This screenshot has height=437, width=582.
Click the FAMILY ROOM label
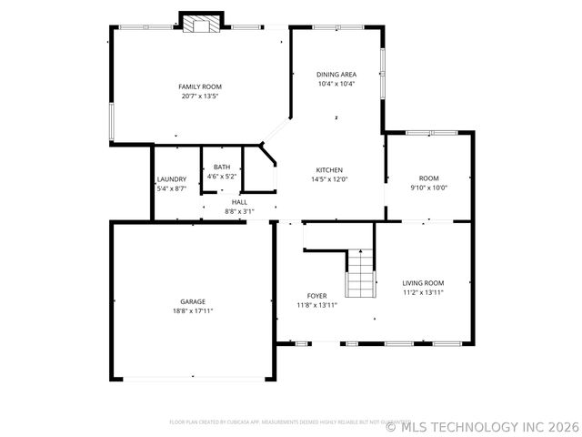point(200,86)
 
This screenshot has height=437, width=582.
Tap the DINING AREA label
point(336,74)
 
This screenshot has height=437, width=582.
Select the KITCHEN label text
point(329,170)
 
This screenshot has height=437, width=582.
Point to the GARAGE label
point(192,301)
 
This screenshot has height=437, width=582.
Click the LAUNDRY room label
point(171,179)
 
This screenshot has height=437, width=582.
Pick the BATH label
point(222,167)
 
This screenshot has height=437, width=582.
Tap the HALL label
point(239,202)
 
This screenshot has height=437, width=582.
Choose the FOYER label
point(316,296)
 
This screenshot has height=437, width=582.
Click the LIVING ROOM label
point(423,283)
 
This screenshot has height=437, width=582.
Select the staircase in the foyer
point(360,274)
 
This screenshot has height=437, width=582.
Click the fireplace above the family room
point(201,23)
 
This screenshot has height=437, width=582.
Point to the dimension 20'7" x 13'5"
point(200,96)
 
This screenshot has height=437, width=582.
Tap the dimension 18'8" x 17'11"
point(192,310)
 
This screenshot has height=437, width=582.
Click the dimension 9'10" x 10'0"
point(428,188)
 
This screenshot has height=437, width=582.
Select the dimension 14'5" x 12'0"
point(329,179)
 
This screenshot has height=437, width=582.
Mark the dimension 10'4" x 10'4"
point(336,84)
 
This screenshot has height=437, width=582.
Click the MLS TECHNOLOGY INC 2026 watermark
point(482,426)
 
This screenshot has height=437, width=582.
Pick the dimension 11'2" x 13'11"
point(423,292)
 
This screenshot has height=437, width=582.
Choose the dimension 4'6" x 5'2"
point(222,176)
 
